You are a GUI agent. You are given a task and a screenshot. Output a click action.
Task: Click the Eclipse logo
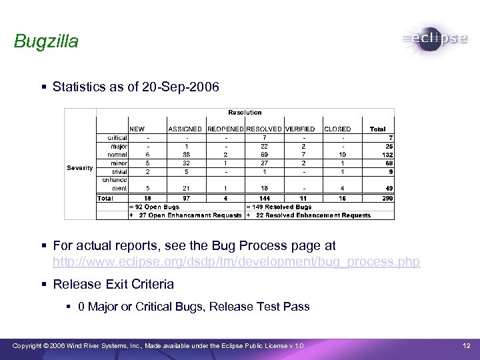click(x=435, y=39)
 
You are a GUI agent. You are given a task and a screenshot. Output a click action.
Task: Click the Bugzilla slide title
click(x=46, y=41)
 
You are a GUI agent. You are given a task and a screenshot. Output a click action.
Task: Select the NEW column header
click(x=137, y=129)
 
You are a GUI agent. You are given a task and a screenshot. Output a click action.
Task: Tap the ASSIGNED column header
click(x=186, y=129)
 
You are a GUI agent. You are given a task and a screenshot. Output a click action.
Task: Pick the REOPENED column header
click(x=225, y=129)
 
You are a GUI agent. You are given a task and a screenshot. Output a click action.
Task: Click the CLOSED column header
click(x=337, y=129)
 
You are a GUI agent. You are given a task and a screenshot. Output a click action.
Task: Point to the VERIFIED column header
click(x=300, y=129)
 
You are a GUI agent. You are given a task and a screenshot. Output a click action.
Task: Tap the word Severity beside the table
click(x=80, y=167)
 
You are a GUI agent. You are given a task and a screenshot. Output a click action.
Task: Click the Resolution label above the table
click(x=245, y=112)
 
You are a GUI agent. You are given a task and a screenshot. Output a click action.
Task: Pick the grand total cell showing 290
click(x=386, y=198)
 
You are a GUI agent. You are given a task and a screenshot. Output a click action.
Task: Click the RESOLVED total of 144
click(x=263, y=198)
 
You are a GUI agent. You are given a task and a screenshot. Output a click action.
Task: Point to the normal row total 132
click(x=386, y=155)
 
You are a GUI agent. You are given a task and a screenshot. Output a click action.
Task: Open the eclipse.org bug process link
click(x=236, y=262)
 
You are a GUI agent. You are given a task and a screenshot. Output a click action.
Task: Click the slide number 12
click(x=467, y=345)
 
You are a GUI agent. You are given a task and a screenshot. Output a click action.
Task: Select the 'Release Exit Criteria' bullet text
click(x=113, y=284)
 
